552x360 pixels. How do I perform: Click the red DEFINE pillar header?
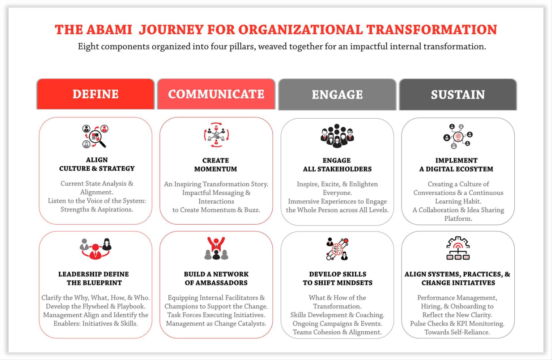(x=95, y=94)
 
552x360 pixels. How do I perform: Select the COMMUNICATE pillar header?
(x=216, y=94)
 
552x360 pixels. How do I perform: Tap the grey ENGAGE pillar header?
(x=337, y=95)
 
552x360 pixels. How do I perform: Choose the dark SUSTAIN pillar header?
(x=458, y=95)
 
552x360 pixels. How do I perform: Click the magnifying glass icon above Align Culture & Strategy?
(x=95, y=136)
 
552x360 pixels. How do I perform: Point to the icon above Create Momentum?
(x=216, y=135)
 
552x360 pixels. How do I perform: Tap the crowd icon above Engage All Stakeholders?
(x=337, y=136)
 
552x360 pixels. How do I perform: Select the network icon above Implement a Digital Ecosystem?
(x=458, y=136)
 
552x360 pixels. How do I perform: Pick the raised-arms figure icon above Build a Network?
(x=216, y=249)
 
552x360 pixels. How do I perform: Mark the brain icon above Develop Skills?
(x=338, y=249)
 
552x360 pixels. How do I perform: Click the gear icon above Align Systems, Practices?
(x=458, y=248)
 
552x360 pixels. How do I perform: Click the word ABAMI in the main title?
(x=109, y=30)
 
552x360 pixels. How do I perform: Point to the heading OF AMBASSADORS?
(x=216, y=283)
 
